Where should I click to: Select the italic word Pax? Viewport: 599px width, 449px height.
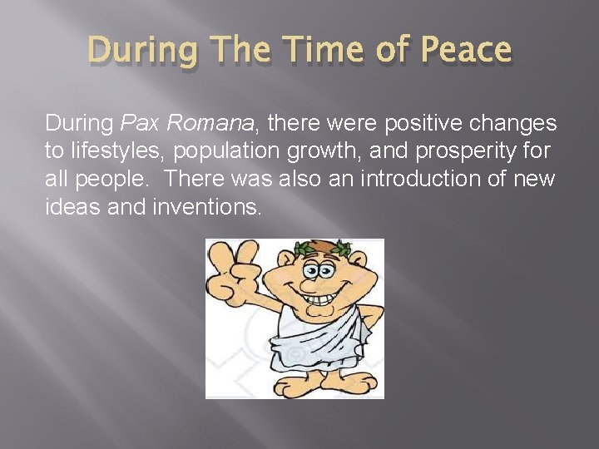tap(139, 125)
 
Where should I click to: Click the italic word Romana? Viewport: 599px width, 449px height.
tap(211, 125)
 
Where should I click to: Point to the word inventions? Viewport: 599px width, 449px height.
tap(206, 207)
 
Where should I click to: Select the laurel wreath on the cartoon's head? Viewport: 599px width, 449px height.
tap(320, 247)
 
